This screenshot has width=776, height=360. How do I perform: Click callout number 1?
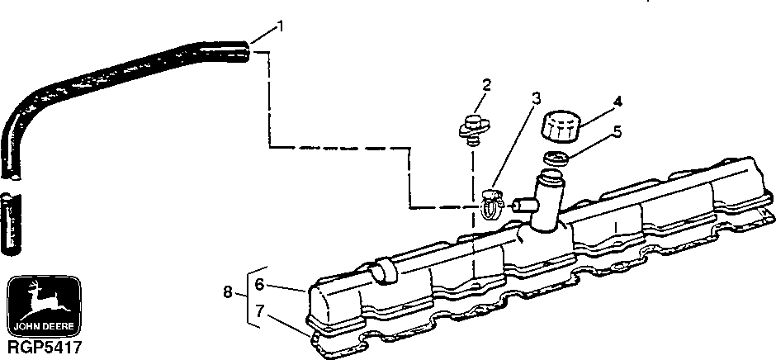point(281,26)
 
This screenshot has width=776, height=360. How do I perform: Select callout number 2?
point(486,85)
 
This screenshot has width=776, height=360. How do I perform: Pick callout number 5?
point(617,130)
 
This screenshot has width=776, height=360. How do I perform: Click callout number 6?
point(258,284)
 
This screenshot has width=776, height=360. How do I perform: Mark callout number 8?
point(227,291)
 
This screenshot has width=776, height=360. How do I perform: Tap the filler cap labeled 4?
point(559,129)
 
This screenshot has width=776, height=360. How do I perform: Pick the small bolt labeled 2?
point(472,128)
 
